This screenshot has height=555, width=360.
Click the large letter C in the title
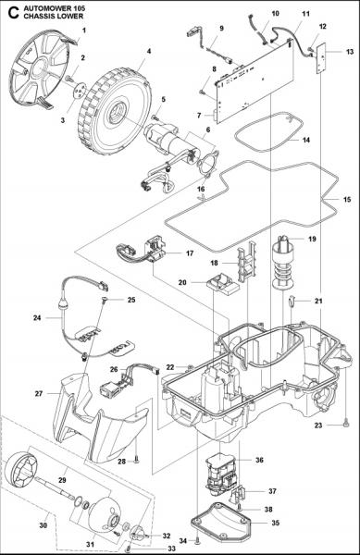(x=10, y=13)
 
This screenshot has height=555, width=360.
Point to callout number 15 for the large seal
(x=346, y=200)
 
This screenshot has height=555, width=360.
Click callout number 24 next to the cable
(x=37, y=317)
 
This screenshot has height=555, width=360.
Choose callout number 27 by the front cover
(x=39, y=393)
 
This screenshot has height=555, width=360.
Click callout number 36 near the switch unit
(x=259, y=460)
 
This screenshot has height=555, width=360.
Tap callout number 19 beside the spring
(x=311, y=240)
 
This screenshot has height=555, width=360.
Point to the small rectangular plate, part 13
(x=322, y=62)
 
